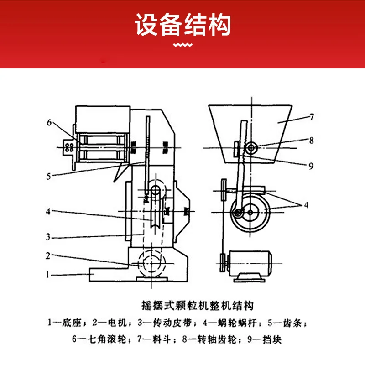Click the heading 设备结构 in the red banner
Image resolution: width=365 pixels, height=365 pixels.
(183, 25)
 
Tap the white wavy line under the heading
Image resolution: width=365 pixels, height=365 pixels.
(183, 45)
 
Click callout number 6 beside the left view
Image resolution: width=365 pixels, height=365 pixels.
(49, 122)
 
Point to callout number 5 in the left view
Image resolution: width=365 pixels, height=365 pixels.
(48, 176)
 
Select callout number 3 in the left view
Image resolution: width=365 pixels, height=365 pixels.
(48, 237)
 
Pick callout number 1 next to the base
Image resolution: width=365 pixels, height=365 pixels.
(47, 275)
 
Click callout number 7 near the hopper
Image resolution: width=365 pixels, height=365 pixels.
(312, 117)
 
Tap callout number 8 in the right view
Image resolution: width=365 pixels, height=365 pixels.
(312, 141)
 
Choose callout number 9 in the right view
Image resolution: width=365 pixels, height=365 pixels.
(311, 166)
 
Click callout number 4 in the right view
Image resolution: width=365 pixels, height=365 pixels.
(306, 205)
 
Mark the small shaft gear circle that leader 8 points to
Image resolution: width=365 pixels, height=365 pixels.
(251, 148)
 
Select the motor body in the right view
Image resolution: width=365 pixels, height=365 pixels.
(250, 263)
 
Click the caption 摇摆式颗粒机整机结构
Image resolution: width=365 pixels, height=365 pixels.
(198, 306)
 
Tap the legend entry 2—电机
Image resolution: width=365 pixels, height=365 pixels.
(109, 323)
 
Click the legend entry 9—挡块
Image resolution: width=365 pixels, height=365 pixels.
(265, 339)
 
